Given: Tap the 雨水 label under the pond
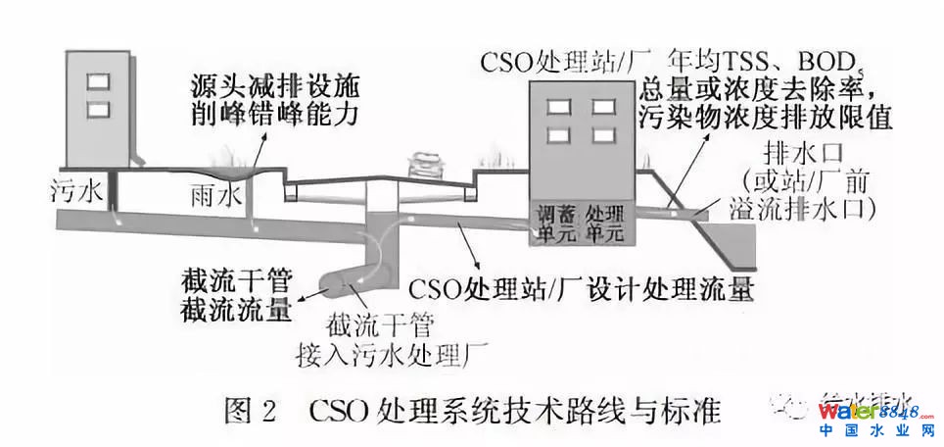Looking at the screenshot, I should coord(213,195).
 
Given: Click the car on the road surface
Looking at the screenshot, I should coord(422,163).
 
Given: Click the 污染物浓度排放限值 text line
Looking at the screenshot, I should coord(767,118).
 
